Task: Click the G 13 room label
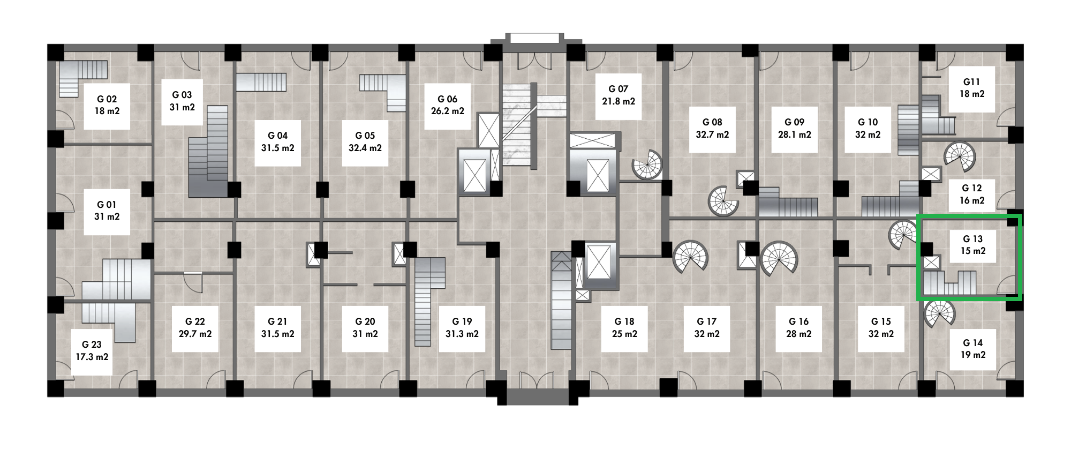point(972,245)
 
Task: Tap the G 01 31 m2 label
point(107,211)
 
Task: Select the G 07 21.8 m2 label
point(619,95)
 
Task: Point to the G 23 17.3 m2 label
point(92,351)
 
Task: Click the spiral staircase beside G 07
point(647,164)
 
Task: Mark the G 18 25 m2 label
point(624,327)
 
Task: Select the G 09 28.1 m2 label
point(795,129)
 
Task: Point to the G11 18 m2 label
point(972,88)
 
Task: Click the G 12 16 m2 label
point(972,195)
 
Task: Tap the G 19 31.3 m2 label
point(462,327)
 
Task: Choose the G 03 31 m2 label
point(182,101)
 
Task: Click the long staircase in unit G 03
point(209,152)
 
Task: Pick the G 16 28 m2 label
point(799,327)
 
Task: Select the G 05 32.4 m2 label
point(365,142)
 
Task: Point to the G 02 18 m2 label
point(107,105)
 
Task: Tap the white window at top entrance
point(535,38)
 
